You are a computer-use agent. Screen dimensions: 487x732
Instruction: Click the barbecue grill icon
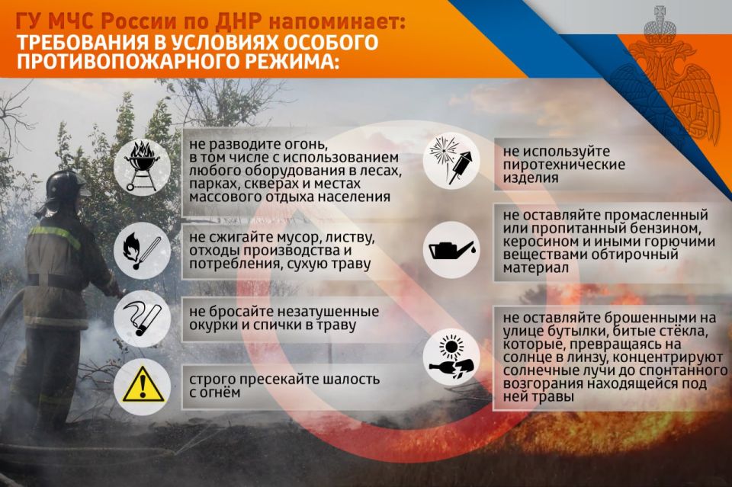coord(142,165)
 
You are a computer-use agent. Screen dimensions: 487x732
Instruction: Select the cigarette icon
coord(142,319)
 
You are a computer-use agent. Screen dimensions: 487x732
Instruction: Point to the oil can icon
coord(452,249)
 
